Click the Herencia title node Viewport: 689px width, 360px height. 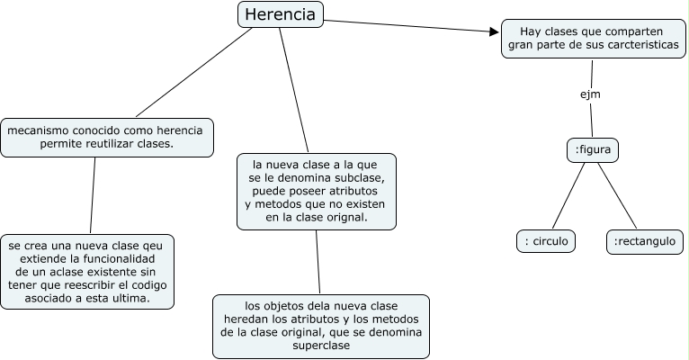pyautogui.click(x=281, y=15)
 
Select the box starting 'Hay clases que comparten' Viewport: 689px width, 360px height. pyautogui.click(x=593, y=38)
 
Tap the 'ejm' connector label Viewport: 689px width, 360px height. pyautogui.click(x=589, y=93)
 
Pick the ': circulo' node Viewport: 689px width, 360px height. pyautogui.click(x=547, y=241)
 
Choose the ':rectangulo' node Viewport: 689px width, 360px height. pyautogui.click(x=645, y=241)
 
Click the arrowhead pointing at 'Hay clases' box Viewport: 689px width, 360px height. pyautogui.click(x=493, y=32)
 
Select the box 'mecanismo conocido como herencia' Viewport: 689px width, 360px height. pyautogui.click(x=107, y=137)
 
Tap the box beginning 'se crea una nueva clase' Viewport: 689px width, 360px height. pyautogui.click(x=87, y=272)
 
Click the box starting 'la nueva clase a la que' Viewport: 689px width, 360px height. pyautogui.click(x=318, y=191)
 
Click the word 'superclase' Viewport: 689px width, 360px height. pyautogui.click(x=320, y=346)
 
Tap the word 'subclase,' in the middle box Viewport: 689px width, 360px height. pyautogui.click(x=359, y=177)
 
